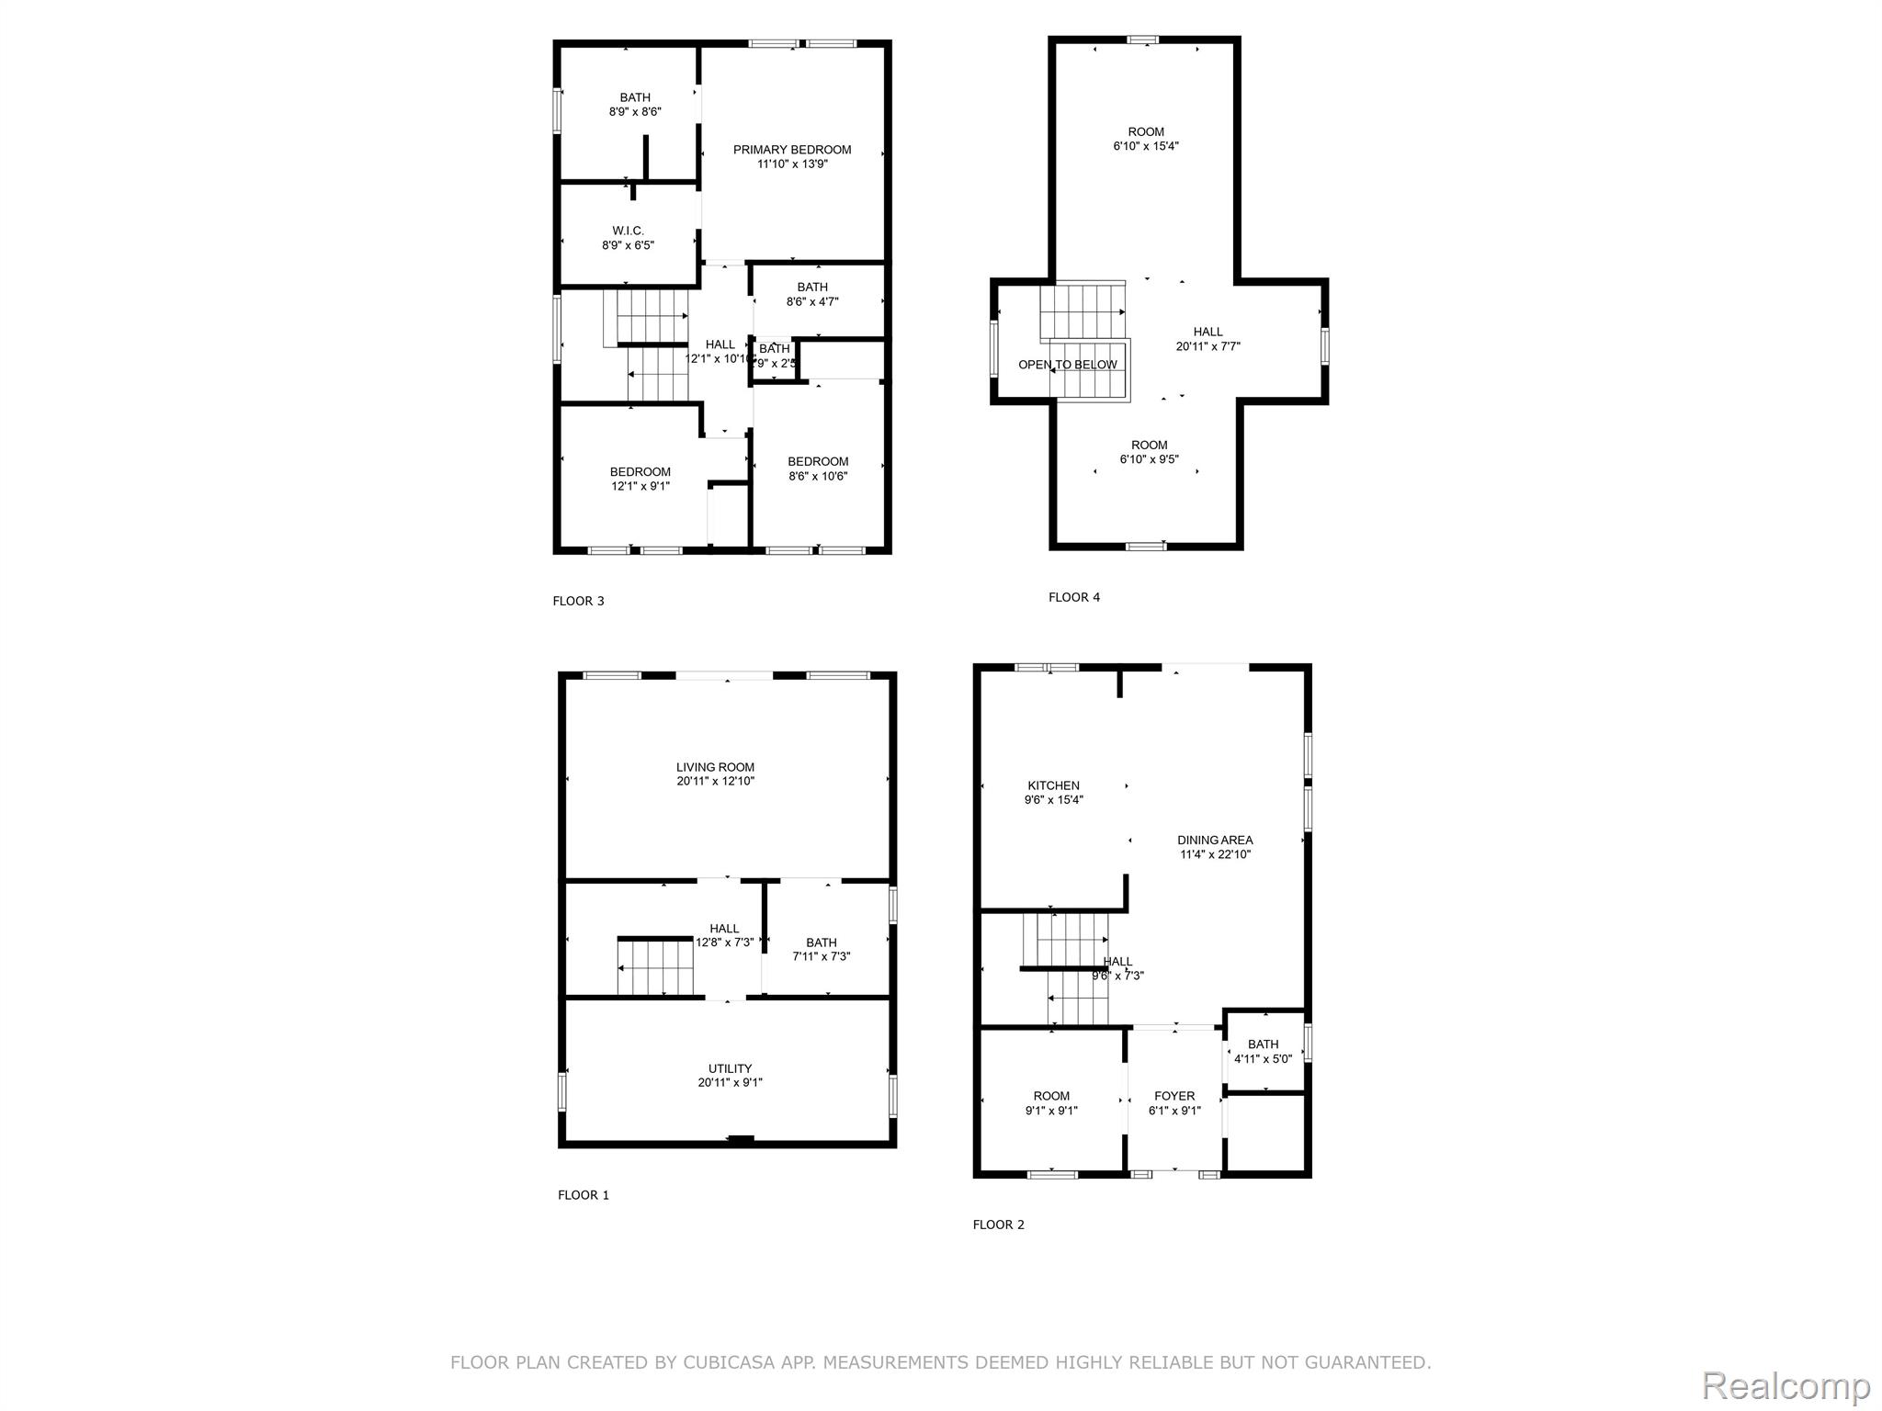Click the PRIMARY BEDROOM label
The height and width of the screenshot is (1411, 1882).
(791, 150)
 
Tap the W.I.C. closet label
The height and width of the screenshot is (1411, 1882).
(629, 231)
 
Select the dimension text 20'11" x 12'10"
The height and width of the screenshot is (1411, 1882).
(715, 782)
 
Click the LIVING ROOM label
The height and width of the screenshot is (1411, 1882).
(715, 767)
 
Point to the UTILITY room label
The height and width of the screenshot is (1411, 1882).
(730, 1068)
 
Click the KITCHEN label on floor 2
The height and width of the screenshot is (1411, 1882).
(1053, 785)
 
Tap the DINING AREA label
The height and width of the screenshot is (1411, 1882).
(1215, 840)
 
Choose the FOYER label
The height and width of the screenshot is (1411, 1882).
(1174, 1096)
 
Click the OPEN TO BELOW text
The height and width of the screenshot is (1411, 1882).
(1068, 365)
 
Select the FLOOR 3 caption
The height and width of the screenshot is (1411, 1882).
(578, 601)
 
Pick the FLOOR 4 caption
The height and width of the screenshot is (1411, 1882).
(1073, 597)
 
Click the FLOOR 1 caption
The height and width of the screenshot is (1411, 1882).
(583, 1195)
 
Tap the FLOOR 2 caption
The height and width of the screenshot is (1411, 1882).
(998, 1225)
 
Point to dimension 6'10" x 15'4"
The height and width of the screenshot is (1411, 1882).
(1145, 146)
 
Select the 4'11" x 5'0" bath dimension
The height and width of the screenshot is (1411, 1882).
(1263, 1059)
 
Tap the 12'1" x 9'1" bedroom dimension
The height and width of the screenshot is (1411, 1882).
(640, 486)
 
